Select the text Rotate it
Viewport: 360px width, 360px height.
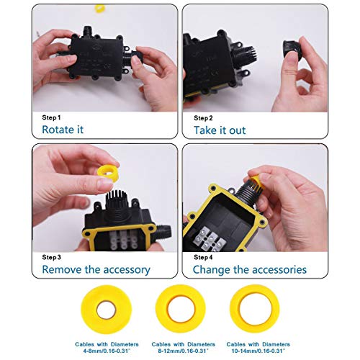62,130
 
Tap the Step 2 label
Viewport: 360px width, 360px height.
203,117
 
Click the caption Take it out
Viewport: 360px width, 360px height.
219,130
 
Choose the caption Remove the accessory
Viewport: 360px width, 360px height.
96,270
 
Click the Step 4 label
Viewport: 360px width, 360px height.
204,257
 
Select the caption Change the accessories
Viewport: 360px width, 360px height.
249,270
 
